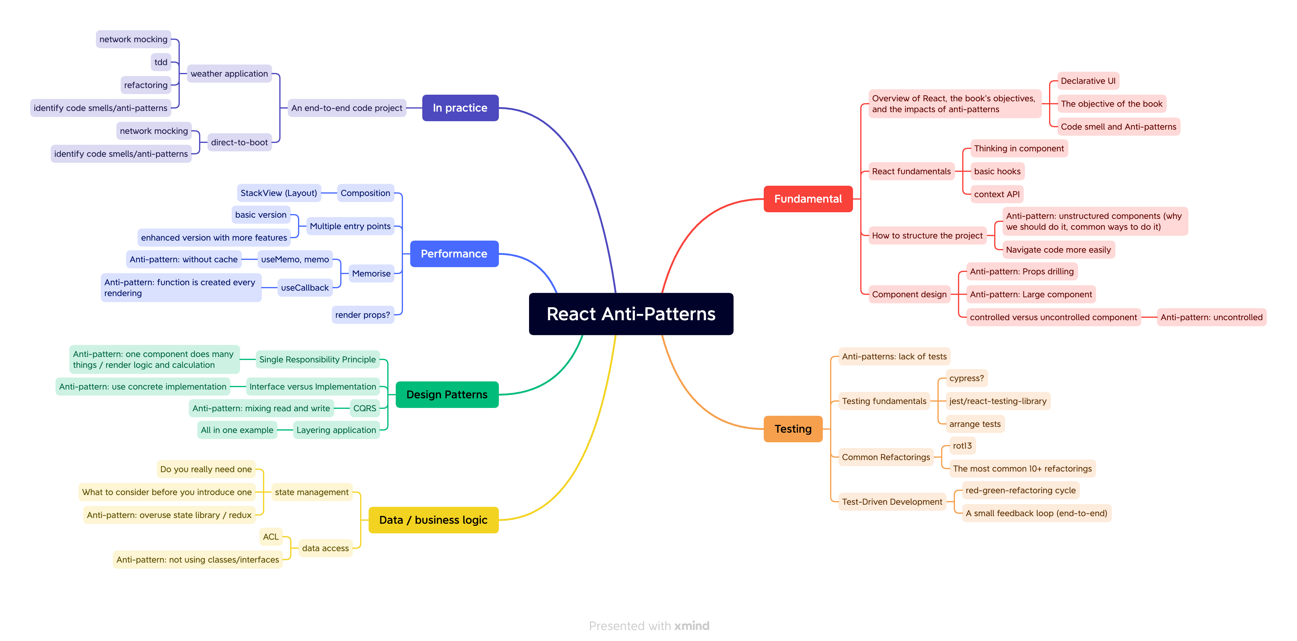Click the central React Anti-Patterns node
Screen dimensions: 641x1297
point(631,314)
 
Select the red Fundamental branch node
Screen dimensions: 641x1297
point(807,199)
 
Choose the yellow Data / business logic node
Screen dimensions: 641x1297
point(433,520)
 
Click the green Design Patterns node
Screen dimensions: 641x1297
point(447,394)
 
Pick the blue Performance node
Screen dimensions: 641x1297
point(454,254)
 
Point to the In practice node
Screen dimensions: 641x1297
point(460,108)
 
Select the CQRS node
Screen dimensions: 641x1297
point(365,408)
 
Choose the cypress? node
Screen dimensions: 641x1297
point(966,378)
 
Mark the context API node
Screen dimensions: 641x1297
point(996,194)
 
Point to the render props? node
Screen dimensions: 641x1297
point(363,315)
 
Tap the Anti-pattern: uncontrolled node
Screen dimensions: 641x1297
point(1211,317)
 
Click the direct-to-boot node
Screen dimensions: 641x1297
point(239,142)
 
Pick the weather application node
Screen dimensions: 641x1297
point(229,74)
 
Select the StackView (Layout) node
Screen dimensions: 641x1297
point(278,193)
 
